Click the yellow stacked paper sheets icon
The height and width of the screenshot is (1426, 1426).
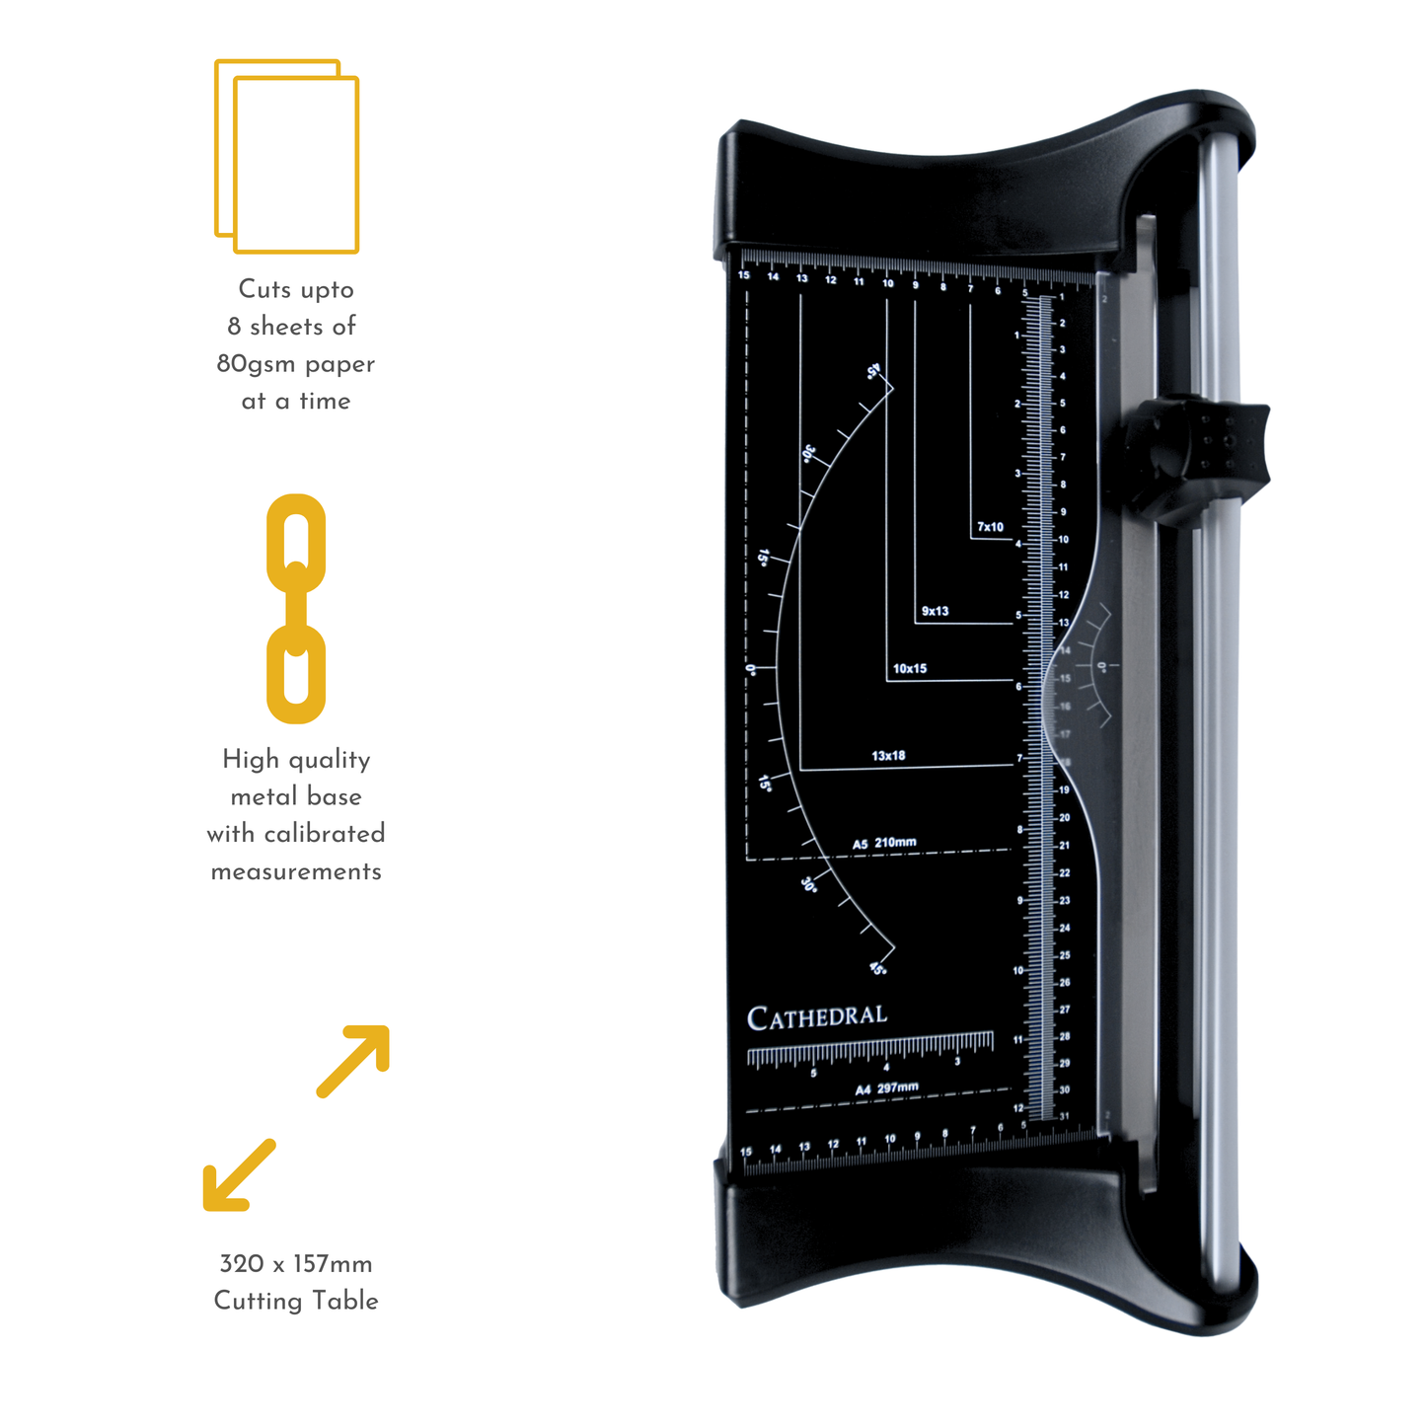click(x=287, y=157)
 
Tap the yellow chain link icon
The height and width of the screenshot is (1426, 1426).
click(x=296, y=609)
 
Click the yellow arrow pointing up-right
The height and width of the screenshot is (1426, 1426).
click(x=354, y=1061)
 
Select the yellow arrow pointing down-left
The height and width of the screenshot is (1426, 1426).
click(x=238, y=1175)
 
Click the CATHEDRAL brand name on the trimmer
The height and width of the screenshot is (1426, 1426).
click(x=817, y=1017)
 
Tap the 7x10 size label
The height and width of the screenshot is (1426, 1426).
click(x=990, y=527)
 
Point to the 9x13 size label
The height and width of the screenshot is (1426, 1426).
click(x=935, y=611)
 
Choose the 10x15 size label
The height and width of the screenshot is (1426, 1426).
click(x=910, y=669)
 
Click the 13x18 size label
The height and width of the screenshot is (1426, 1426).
click(x=888, y=756)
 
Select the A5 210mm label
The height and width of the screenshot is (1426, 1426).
click(x=884, y=844)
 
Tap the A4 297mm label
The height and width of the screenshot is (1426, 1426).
click(x=886, y=1088)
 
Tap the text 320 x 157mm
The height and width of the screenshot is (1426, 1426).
click(x=296, y=1264)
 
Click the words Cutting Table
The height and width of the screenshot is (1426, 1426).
click(x=296, y=1301)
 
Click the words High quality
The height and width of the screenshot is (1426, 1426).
click(x=296, y=759)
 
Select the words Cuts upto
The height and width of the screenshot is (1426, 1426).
click(x=296, y=289)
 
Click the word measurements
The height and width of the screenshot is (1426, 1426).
click(x=296, y=871)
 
